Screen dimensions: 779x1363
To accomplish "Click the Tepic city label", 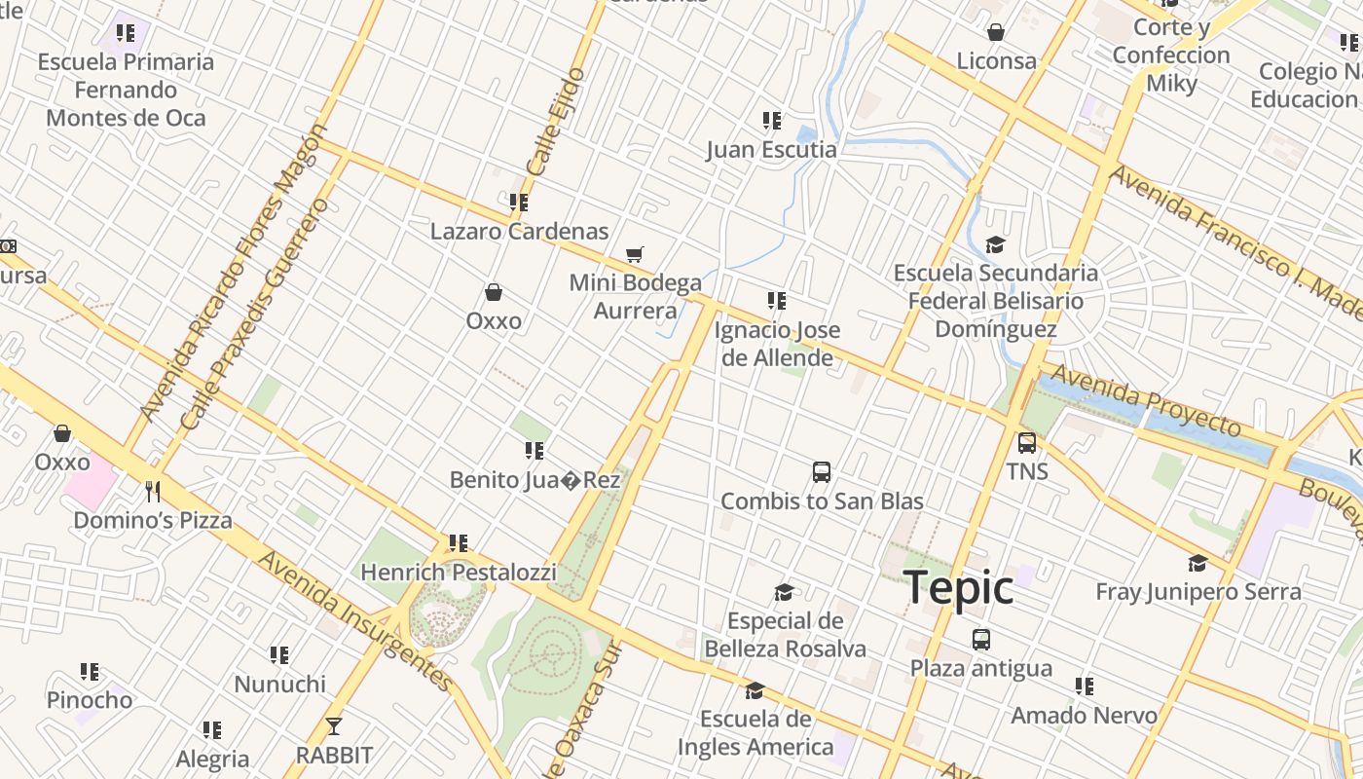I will pyautogui.click(x=959, y=587).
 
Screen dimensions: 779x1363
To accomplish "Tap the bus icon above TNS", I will pyautogui.click(x=1027, y=443).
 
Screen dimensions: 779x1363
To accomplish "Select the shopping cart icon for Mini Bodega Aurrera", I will pyautogui.click(x=635, y=254).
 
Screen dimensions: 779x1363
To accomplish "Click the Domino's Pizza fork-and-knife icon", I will pyautogui.click(x=152, y=491).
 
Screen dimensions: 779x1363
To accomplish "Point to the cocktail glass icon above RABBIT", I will pyautogui.click(x=334, y=726).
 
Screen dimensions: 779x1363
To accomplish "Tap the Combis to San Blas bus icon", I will pyautogui.click(x=822, y=472).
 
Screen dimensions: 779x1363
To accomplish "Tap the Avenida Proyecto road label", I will pyautogui.click(x=1145, y=400).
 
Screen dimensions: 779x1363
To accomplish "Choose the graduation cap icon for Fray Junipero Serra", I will pyautogui.click(x=1197, y=563).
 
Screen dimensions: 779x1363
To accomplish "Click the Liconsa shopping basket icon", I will pyautogui.click(x=996, y=32).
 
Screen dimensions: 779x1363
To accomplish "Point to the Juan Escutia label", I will pyautogui.click(x=771, y=149).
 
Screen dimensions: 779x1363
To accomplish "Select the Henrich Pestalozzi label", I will pyautogui.click(x=459, y=572).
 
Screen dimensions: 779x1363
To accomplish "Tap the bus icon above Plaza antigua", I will pyautogui.click(x=981, y=640).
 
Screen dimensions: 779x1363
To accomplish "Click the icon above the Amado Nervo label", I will pyautogui.click(x=1084, y=686).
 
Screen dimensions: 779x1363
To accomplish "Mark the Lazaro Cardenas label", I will pyautogui.click(x=519, y=231).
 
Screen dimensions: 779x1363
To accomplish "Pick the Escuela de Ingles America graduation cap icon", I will pyautogui.click(x=755, y=691).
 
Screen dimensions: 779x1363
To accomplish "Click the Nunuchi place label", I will pyautogui.click(x=279, y=684).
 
